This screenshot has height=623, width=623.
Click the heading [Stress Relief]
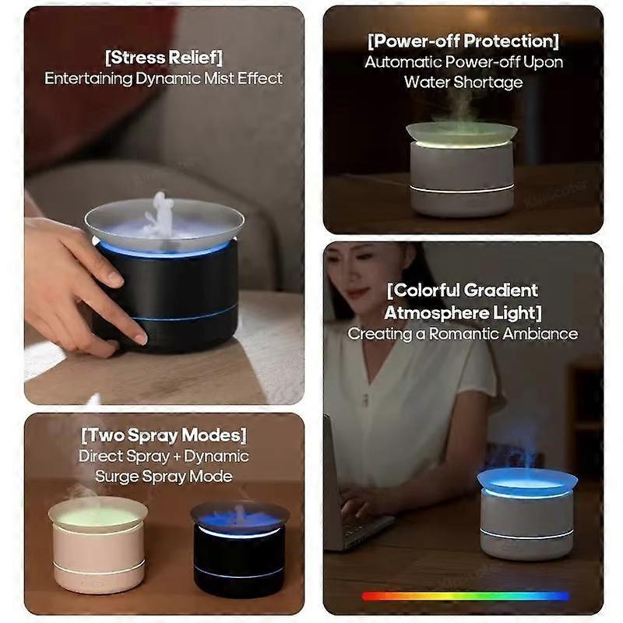(x=164, y=58)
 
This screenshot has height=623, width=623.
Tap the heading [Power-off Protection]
(x=463, y=41)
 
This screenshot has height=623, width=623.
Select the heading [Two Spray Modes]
(x=164, y=435)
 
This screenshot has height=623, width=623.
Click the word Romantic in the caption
(x=462, y=334)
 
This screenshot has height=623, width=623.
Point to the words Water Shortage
(x=463, y=83)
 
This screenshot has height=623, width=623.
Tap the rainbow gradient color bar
(x=465, y=596)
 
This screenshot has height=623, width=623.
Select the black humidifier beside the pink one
(x=240, y=551)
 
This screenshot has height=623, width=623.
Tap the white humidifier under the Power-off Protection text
(x=462, y=170)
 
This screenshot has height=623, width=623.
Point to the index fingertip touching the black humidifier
(x=140, y=339)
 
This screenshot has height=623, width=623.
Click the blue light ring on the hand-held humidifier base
(x=185, y=315)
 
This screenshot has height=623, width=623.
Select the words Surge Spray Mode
(x=164, y=476)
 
